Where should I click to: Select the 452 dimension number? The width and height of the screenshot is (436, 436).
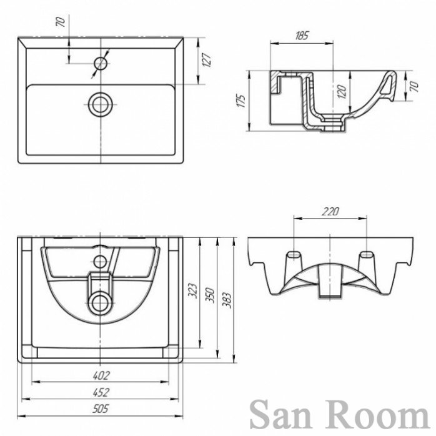click(x=102, y=392)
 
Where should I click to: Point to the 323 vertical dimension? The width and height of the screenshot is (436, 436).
click(x=192, y=290)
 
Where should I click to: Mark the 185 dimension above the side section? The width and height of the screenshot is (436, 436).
click(x=301, y=36)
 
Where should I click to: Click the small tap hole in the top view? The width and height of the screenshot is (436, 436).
click(x=100, y=63)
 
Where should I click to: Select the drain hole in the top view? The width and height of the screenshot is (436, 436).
click(x=100, y=104)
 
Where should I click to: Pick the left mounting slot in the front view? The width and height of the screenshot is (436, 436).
click(x=292, y=256)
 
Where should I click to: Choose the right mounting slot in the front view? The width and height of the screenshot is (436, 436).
click(x=367, y=256)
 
